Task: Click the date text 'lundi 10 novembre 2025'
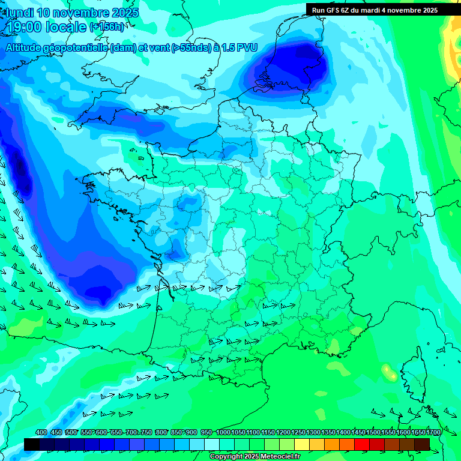tap(72, 13)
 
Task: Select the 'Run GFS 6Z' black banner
tap(375, 10)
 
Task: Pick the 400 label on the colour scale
tap(41, 433)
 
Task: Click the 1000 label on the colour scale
tap(223, 433)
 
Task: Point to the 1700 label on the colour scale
tap(433, 433)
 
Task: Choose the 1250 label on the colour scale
tap(298, 433)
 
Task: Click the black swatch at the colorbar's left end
tap(32, 444)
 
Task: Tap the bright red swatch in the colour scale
tap(362, 444)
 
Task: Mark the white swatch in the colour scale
tap(212, 444)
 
